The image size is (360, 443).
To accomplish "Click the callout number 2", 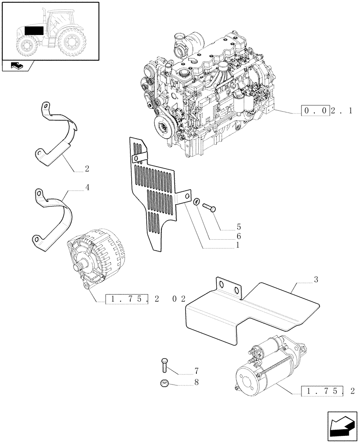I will (86, 169).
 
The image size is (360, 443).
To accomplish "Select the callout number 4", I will (87, 187).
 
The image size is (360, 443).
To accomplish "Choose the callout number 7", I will (196, 370).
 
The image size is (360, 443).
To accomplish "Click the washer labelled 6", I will (196, 202).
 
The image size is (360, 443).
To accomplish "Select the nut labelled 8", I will (165, 383).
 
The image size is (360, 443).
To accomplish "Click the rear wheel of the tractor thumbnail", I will (73, 42).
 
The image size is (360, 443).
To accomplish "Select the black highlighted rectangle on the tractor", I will (34, 31).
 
